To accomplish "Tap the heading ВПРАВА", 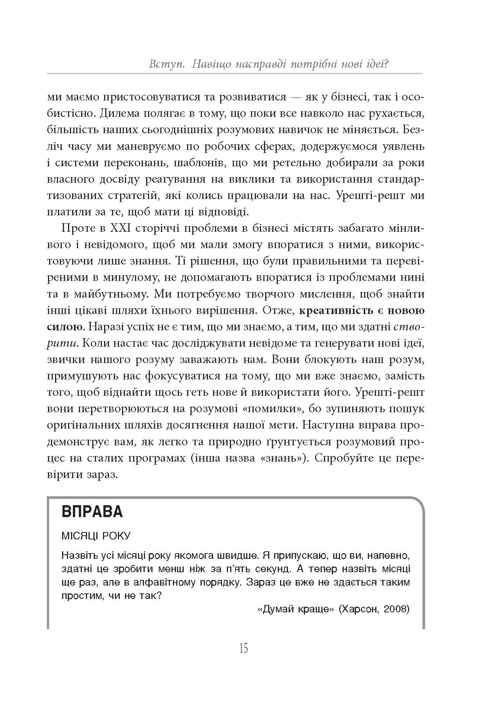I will (92, 512).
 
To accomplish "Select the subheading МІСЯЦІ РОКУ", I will (96, 536).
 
